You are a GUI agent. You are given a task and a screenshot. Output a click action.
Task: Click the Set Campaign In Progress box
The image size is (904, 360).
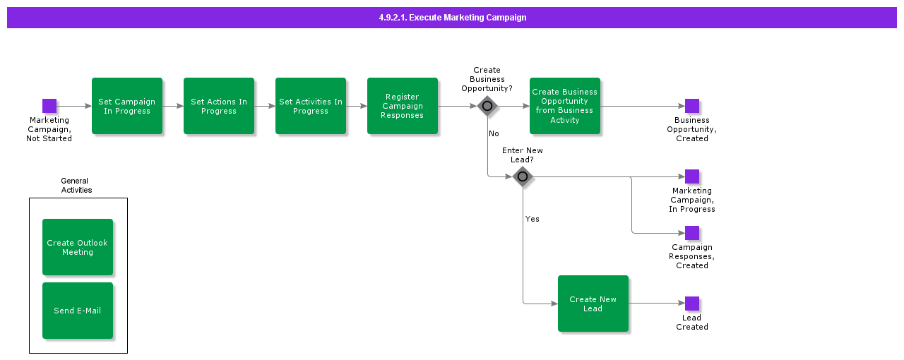(x=127, y=106)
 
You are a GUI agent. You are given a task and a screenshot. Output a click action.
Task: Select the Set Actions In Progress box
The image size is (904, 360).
(x=219, y=106)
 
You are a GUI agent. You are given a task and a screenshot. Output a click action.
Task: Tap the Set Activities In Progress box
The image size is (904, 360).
(x=311, y=106)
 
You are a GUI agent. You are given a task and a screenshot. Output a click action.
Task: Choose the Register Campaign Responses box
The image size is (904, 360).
(x=403, y=106)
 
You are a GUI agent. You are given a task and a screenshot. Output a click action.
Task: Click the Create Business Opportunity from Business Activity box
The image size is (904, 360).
(x=565, y=106)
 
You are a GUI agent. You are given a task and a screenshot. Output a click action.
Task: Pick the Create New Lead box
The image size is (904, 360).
(x=593, y=304)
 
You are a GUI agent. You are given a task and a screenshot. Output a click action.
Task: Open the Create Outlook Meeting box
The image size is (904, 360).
(x=78, y=247)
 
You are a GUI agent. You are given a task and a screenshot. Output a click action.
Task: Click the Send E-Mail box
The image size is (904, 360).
(x=78, y=311)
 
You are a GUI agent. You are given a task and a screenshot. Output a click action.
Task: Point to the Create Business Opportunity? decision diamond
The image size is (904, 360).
(x=487, y=106)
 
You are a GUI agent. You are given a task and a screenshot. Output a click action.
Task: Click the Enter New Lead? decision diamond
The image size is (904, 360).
(x=523, y=176)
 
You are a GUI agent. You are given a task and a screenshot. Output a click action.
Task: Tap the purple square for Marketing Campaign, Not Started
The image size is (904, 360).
(x=49, y=106)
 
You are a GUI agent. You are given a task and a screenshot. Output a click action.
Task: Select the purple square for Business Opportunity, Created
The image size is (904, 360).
(x=692, y=106)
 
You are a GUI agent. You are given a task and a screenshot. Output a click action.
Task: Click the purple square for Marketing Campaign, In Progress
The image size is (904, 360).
(x=692, y=176)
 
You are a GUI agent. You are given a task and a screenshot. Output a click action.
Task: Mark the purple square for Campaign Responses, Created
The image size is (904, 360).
(x=692, y=233)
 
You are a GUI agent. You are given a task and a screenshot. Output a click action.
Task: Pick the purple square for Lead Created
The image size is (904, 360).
(x=692, y=304)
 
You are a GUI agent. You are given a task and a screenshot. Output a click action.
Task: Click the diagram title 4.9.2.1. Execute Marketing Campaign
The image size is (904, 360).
(x=452, y=18)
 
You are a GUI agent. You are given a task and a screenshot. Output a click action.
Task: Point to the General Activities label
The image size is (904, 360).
(x=76, y=186)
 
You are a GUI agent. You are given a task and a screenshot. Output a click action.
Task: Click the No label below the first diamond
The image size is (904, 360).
(x=494, y=133)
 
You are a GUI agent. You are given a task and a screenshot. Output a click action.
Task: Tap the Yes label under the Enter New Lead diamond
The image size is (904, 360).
(x=533, y=219)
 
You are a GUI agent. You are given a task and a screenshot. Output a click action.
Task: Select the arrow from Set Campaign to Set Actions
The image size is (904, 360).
(x=173, y=106)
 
